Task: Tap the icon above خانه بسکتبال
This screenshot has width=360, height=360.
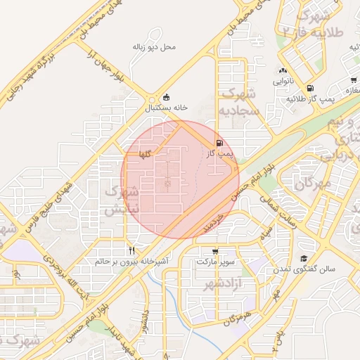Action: tap(166, 98)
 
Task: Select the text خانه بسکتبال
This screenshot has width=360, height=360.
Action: tap(167, 109)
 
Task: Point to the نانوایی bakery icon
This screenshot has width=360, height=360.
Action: tap(283, 70)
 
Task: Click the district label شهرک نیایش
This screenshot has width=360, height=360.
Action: tap(122, 200)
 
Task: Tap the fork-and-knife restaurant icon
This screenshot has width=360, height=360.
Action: tap(131, 250)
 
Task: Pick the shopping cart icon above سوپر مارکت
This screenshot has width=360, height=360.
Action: tap(214, 251)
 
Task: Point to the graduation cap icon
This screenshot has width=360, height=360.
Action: tap(304, 259)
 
